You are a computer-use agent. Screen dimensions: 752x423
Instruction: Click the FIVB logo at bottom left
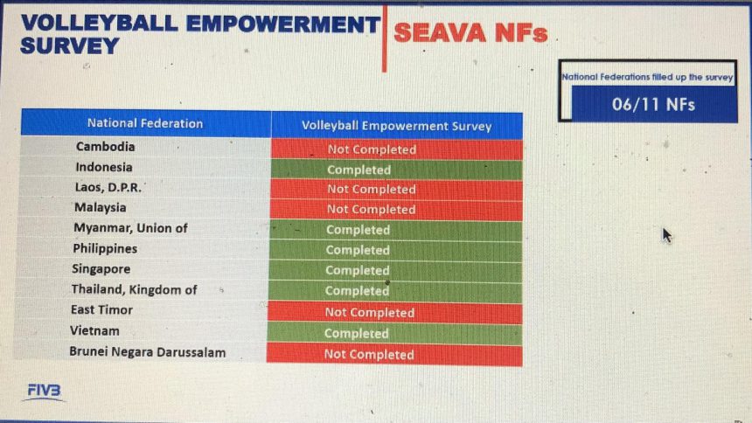pos(44,392)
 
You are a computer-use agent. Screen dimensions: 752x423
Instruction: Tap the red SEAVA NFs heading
pos(470,33)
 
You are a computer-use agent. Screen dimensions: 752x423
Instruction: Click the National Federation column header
pos(145,123)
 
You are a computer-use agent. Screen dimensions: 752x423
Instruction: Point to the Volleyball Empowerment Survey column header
pos(397,126)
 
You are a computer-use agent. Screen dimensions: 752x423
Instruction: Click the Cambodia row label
pos(106,146)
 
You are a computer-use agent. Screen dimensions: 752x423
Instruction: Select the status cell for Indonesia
pos(396,170)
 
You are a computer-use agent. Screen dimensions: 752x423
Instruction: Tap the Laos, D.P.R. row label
pos(108,187)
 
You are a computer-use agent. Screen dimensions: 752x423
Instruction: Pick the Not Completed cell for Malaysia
pos(395,210)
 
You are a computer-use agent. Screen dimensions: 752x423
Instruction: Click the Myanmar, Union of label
pos(130,228)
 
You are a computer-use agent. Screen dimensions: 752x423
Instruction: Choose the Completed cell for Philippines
pos(395,250)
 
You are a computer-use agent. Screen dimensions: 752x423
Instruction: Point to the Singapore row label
pos(101,268)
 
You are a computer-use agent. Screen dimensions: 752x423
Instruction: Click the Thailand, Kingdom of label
pos(135,289)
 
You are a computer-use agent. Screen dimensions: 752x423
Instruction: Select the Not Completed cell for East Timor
pos(394,313)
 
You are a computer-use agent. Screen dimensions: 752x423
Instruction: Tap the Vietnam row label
pos(94,330)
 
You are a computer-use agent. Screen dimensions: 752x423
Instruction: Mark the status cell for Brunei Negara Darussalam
pos(394,355)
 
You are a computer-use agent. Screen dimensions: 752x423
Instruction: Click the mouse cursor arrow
pos(667,235)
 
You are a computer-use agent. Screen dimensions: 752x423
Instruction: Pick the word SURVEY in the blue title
pos(70,46)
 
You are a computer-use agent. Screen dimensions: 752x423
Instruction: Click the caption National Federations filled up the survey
pos(647,77)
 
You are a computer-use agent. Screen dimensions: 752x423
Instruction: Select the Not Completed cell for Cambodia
pos(397,149)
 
